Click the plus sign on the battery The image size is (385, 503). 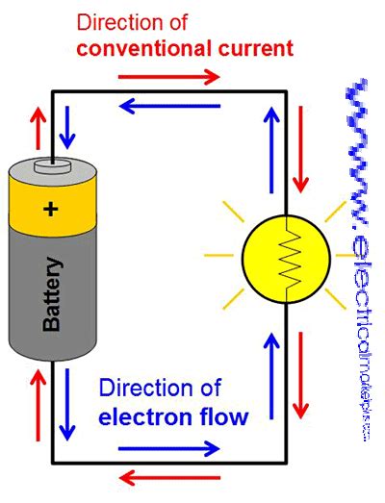[51, 209]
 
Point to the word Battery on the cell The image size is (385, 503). [52, 294]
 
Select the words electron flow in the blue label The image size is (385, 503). [172, 416]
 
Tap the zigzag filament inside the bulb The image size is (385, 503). [286, 256]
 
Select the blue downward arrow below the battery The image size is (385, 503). [65, 399]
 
